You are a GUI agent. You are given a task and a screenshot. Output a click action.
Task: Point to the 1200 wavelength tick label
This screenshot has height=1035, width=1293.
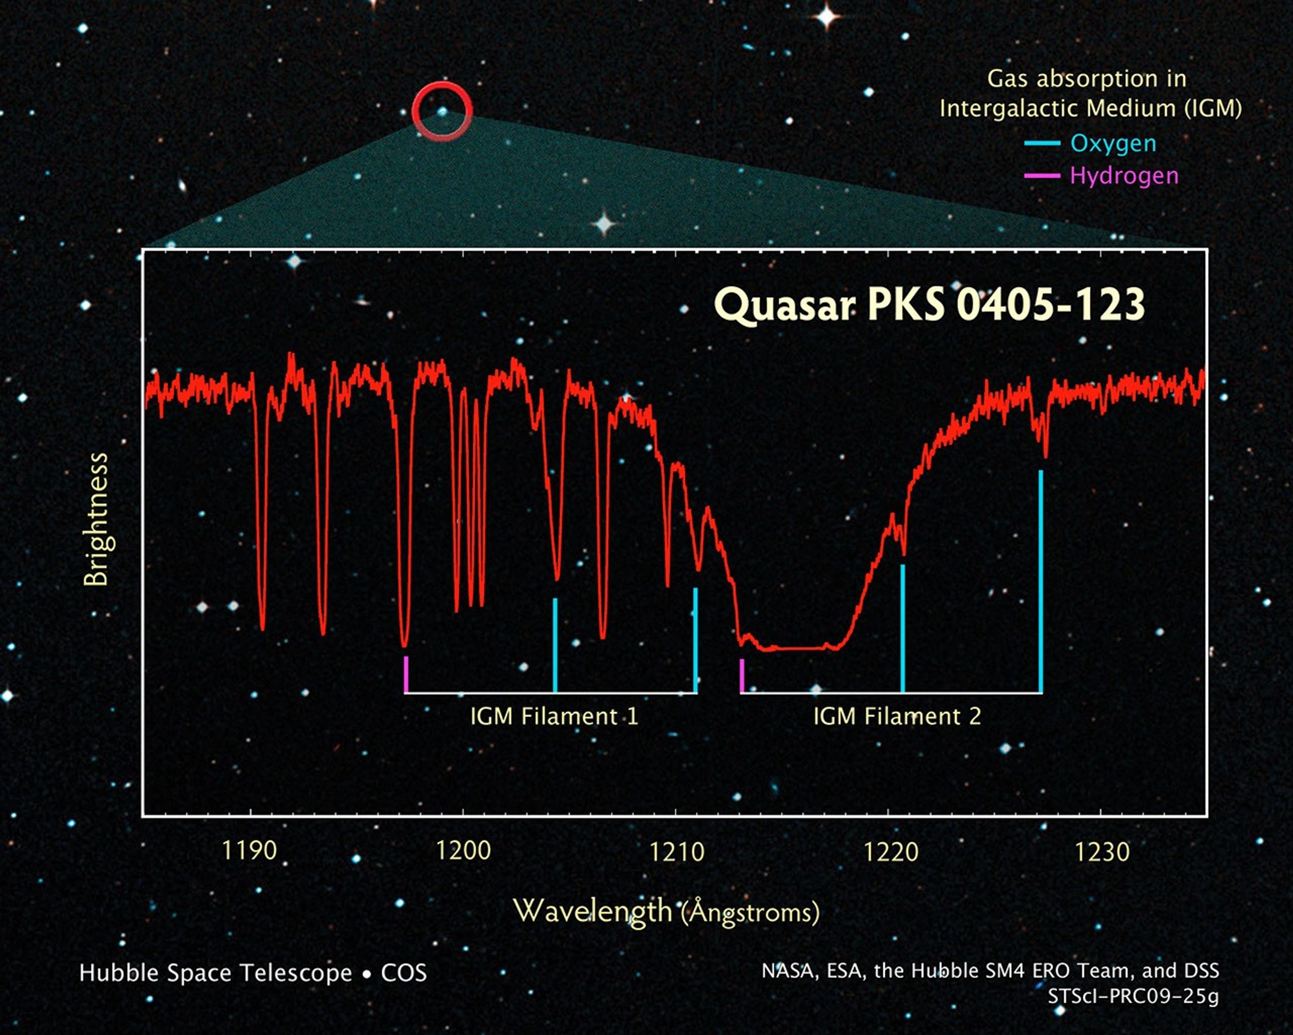coord(463,851)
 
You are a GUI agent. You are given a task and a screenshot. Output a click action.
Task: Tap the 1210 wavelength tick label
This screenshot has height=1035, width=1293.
coord(677,852)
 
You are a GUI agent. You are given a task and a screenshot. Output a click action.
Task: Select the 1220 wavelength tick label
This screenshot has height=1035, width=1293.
coord(890,852)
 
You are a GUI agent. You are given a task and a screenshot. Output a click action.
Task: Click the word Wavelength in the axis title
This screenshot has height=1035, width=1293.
coord(593,911)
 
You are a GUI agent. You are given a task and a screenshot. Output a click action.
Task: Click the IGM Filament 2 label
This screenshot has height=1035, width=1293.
coord(896,716)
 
